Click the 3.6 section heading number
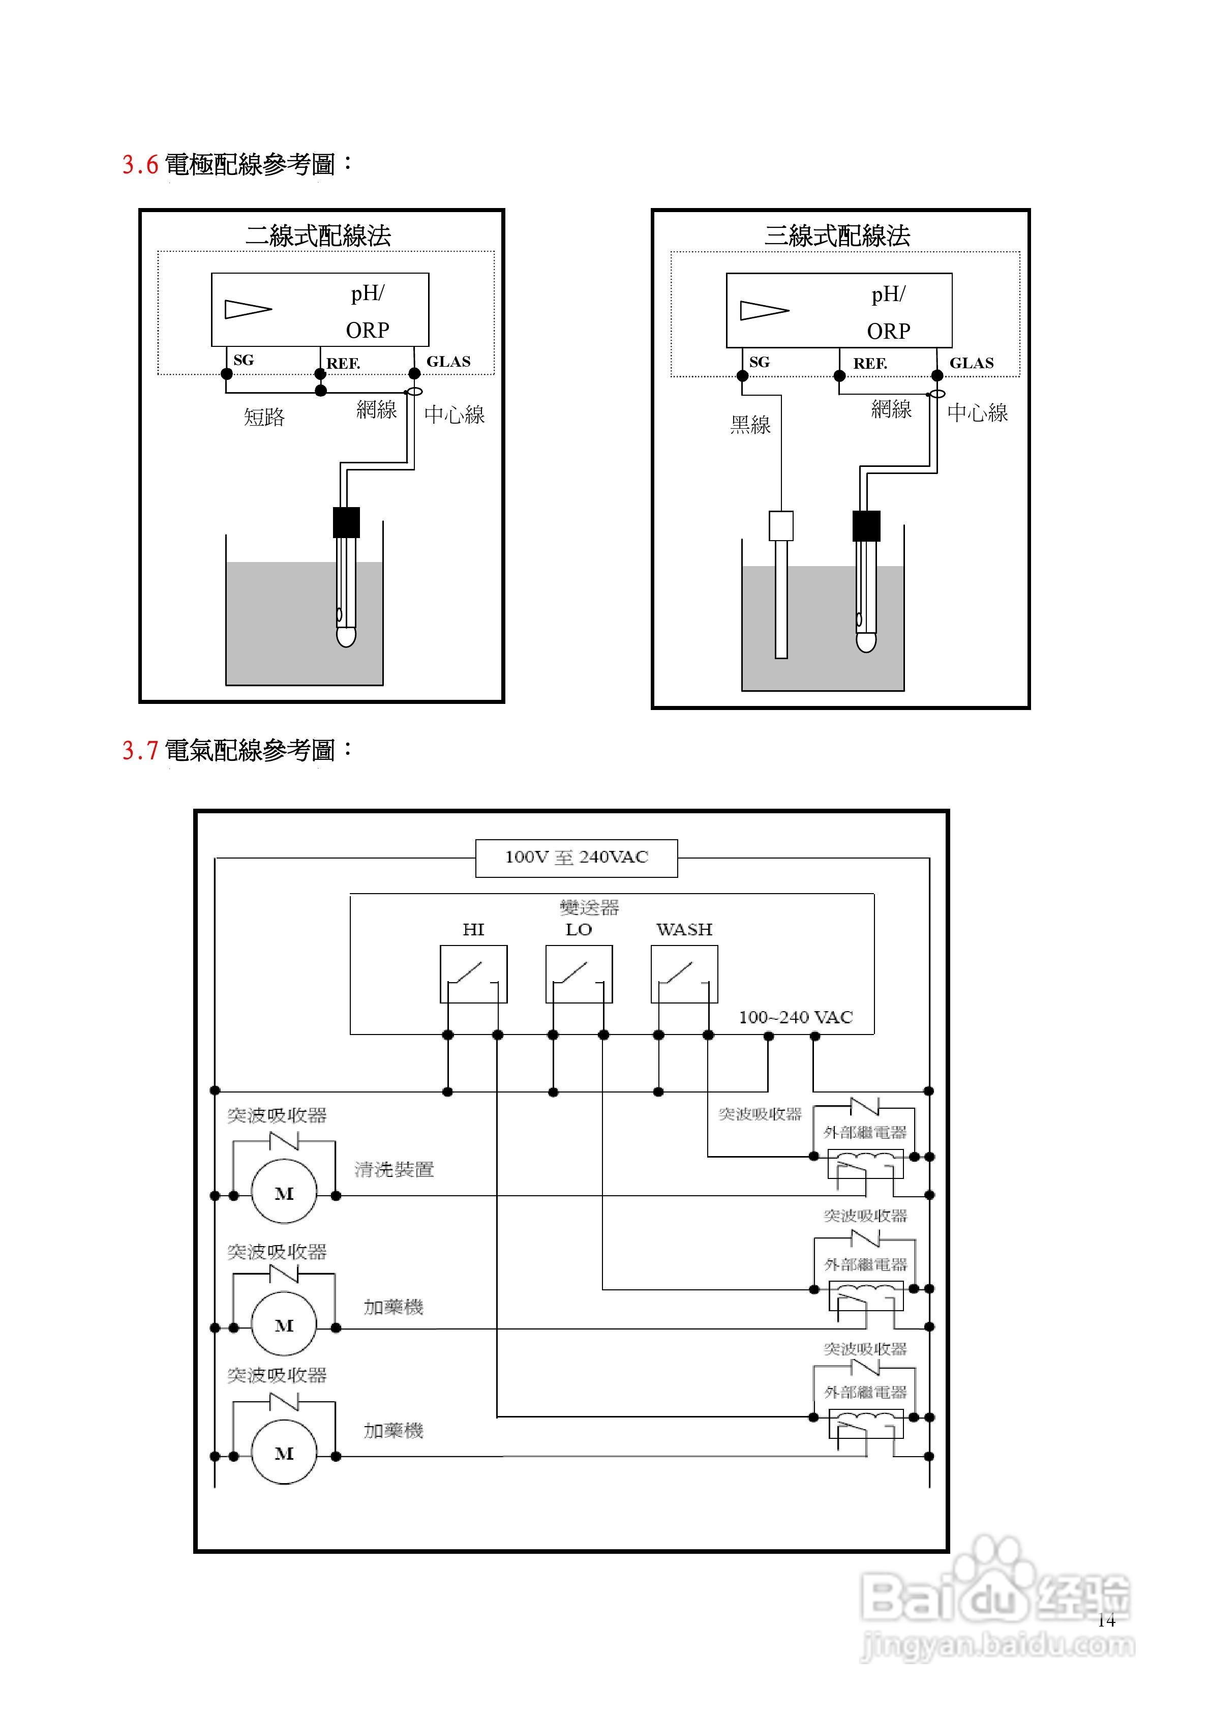[140, 165]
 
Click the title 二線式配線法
[319, 236]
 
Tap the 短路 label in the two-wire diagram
[264, 417]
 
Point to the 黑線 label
[750, 425]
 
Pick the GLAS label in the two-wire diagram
[448, 362]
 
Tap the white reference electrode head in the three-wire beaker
[781, 525]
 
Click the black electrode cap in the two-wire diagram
[346, 522]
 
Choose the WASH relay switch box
[684, 973]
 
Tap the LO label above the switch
[579, 930]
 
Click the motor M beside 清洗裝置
[284, 1193]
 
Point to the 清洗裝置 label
[394, 1170]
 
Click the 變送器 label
[589, 908]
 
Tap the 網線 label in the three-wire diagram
[891, 409]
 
